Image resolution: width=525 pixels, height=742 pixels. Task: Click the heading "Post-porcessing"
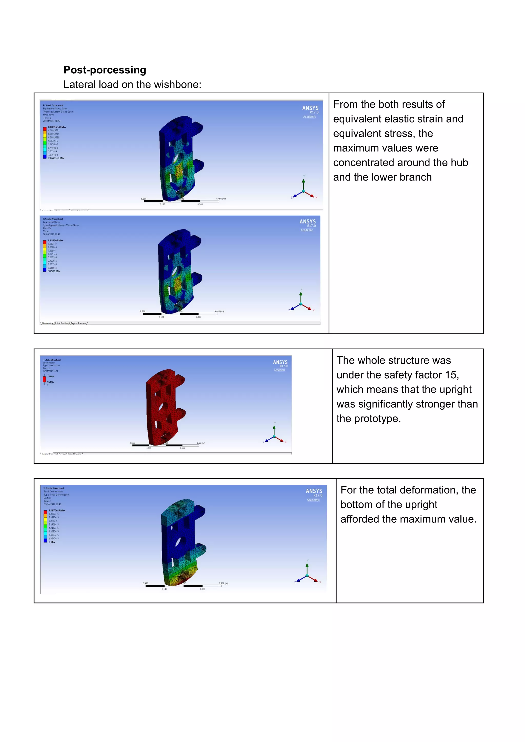tap(105, 70)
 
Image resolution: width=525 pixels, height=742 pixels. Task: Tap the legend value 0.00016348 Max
tap(57, 127)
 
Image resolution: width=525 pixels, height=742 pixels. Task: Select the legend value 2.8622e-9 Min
tap(56, 158)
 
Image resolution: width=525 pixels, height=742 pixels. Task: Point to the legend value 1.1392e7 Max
tap(55, 240)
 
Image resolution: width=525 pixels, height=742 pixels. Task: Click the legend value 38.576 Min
tap(54, 271)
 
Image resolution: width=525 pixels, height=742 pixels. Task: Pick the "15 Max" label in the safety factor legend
tap(51, 377)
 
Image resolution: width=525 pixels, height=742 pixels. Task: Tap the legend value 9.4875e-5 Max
tap(57, 510)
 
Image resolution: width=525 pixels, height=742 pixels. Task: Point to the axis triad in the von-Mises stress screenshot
tap(301, 302)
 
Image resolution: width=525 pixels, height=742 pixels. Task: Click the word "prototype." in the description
tap(377, 419)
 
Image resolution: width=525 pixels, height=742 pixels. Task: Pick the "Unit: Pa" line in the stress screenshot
tap(47, 228)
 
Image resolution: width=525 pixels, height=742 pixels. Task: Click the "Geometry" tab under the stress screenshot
tap(47, 323)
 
